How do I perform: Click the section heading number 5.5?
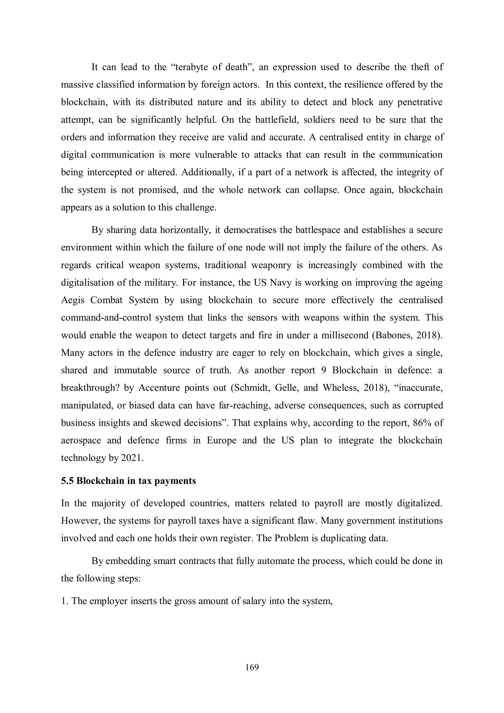[67, 481]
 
